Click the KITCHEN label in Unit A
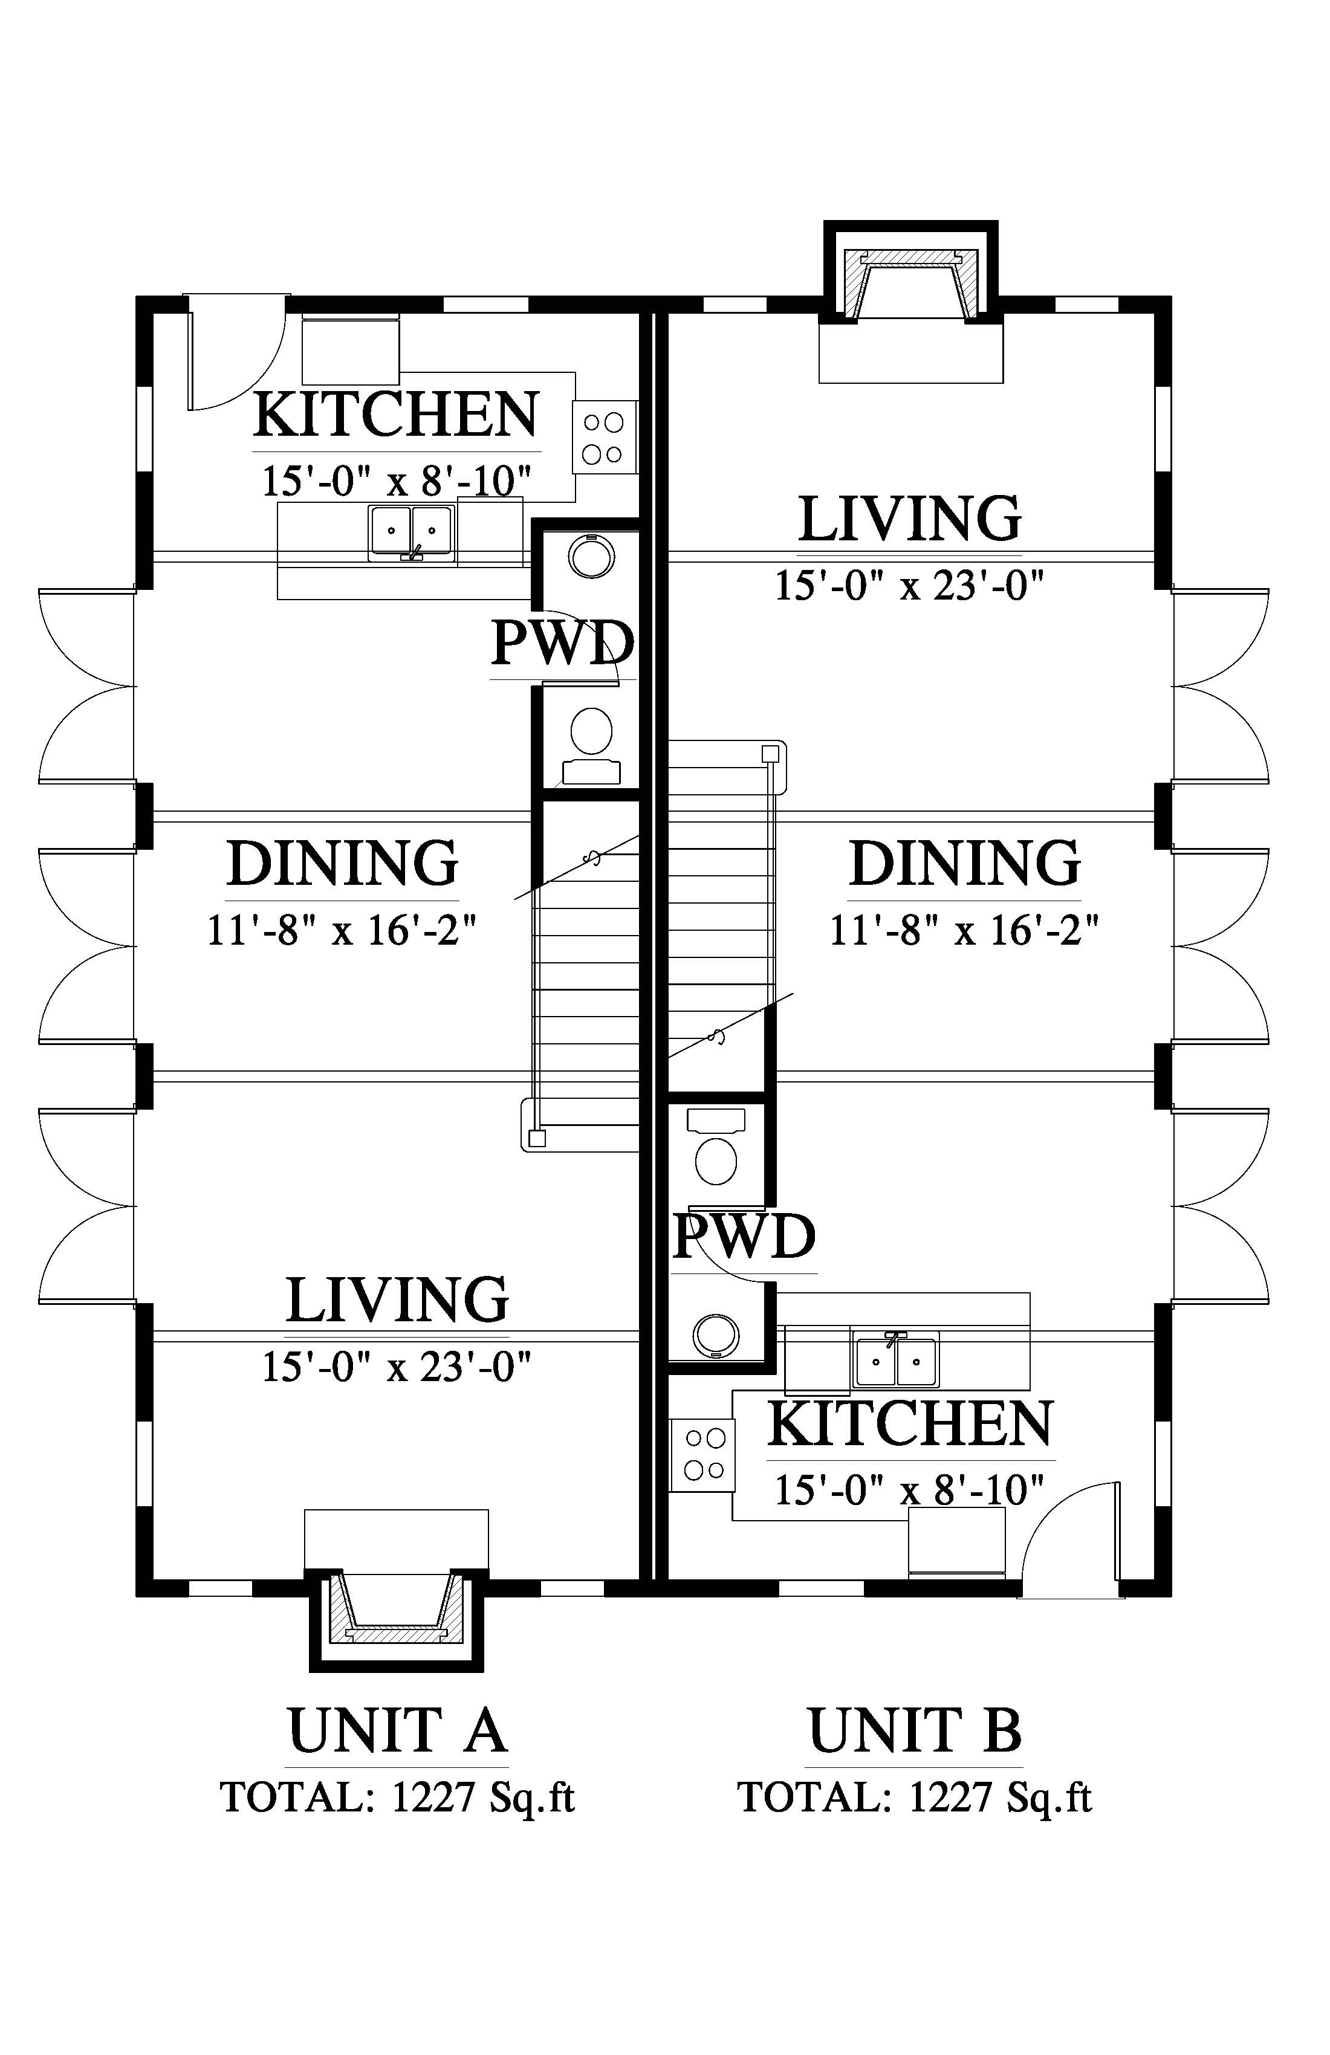pyautogui.click(x=397, y=415)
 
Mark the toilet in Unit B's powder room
pyautogui.click(x=716, y=1147)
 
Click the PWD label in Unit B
pyautogui.click(x=744, y=1237)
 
